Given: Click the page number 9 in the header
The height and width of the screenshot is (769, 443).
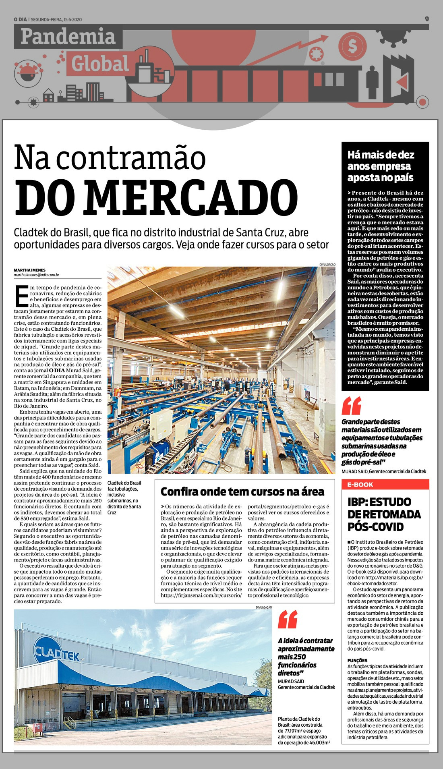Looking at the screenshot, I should (x=427, y=19).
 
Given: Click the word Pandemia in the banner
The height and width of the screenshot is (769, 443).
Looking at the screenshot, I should (x=68, y=37).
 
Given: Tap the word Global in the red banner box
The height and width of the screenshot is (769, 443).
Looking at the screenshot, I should (x=100, y=64).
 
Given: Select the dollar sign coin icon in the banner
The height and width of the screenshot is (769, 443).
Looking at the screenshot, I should (x=352, y=46).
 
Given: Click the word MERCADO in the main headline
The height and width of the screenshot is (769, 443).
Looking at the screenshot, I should (x=156, y=197).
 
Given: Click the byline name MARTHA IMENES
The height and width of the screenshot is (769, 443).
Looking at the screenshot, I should (x=30, y=270).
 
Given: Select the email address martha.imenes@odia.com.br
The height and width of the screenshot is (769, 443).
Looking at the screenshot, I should (x=37, y=275).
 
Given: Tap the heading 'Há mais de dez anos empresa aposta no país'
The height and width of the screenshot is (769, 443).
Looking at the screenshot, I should (x=381, y=166).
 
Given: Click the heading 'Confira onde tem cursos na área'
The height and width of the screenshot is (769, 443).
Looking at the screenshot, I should (x=242, y=491).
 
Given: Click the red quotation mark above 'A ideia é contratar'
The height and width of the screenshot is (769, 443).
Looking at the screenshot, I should (x=288, y=619).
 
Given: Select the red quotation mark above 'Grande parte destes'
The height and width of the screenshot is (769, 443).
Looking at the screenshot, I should (x=351, y=406).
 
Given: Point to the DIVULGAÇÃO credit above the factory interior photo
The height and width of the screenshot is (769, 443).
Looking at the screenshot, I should (x=327, y=264).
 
